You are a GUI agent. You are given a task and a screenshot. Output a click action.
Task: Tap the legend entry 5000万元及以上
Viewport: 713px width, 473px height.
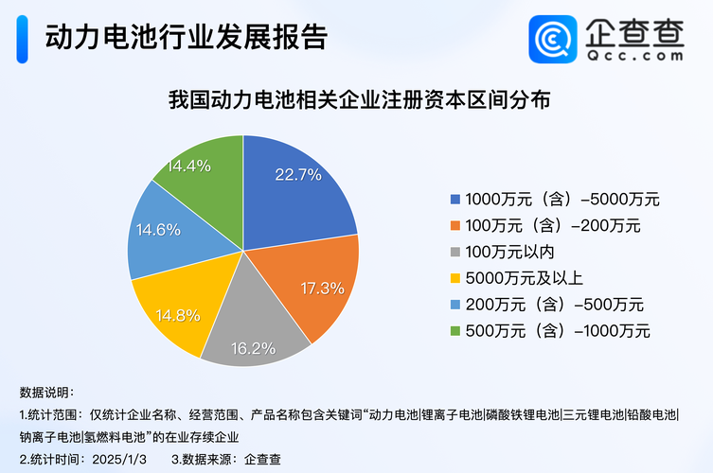(x=525, y=278)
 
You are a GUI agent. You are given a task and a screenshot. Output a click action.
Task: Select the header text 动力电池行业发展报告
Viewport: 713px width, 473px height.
(x=186, y=38)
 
